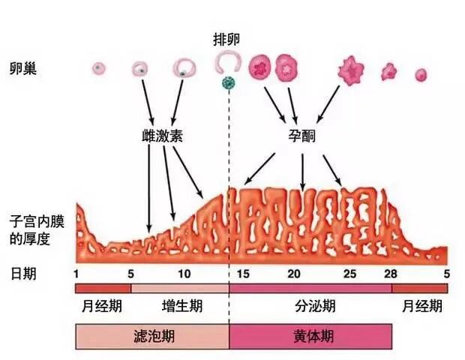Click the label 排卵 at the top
(x=229, y=37)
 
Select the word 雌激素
(x=162, y=136)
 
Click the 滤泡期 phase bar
(x=152, y=336)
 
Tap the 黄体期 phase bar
(x=310, y=336)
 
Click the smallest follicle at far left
(x=97, y=69)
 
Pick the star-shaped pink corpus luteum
(x=350, y=70)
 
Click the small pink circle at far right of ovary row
(x=421, y=74)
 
